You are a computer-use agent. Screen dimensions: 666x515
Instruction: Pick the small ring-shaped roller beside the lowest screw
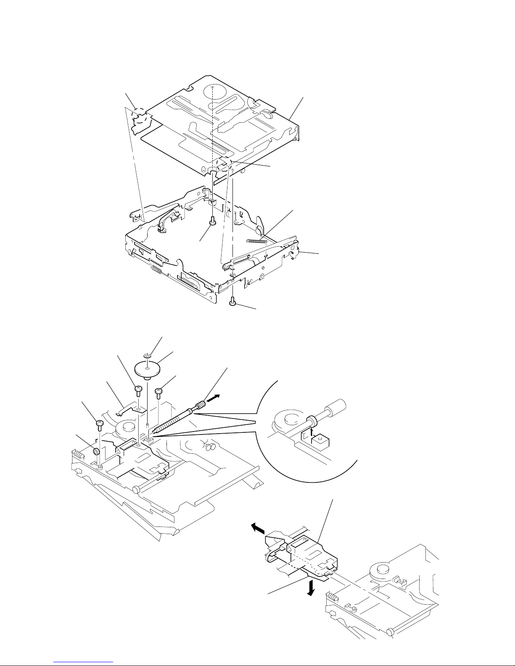(96, 451)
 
